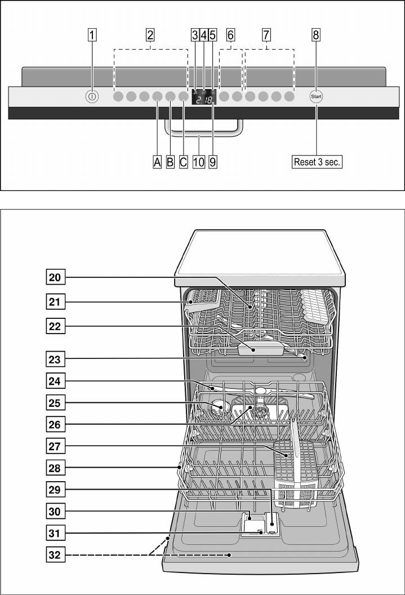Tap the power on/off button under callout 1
[x=92, y=97]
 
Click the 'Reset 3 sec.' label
[x=317, y=162]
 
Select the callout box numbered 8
[x=316, y=35]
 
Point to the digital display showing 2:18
[x=203, y=99]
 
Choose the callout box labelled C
[x=183, y=162]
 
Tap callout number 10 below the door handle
[x=198, y=162]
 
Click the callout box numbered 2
[x=150, y=35]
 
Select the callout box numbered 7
[x=266, y=35]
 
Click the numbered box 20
[x=56, y=277]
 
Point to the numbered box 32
[x=56, y=557]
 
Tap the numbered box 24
[x=56, y=381]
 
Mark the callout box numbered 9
[x=212, y=162]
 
